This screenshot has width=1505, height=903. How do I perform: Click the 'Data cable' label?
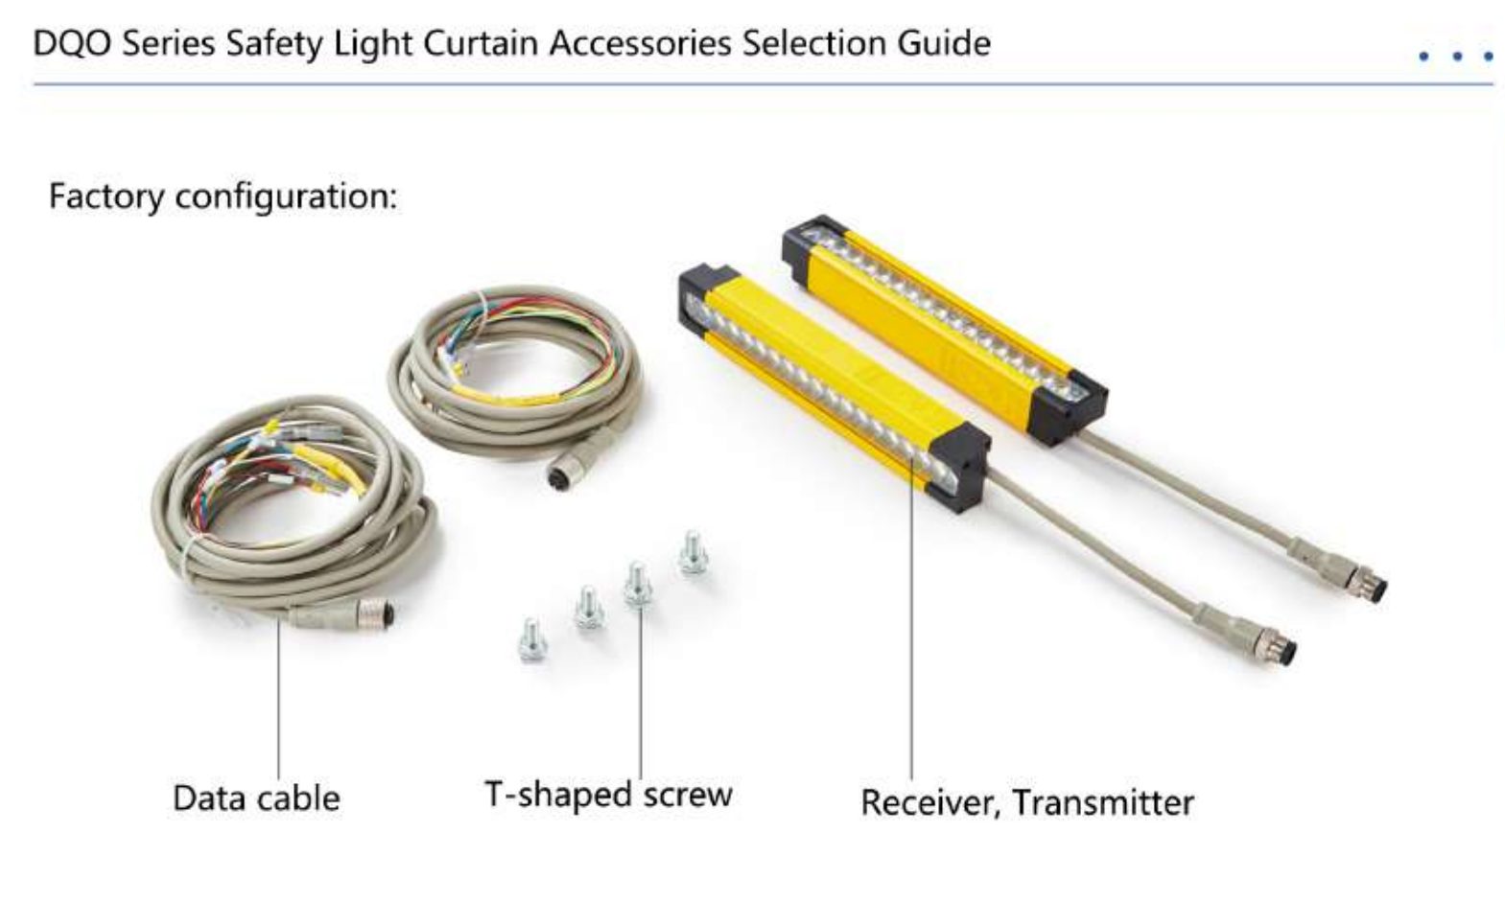click(257, 799)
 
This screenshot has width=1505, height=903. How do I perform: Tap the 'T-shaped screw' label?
click(609, 796)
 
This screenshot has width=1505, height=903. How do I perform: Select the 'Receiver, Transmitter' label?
click(1027, 803)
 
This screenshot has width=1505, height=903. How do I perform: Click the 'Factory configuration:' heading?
click(223, 197)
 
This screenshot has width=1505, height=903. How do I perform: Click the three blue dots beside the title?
click(1457, 57)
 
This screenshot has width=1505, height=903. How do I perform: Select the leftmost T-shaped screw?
click(532, 640)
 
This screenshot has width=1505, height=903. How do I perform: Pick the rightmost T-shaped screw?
click(693, 553)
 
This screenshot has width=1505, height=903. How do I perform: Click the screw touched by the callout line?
click(638, 585)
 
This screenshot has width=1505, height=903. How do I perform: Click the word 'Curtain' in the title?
click(481, 44)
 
